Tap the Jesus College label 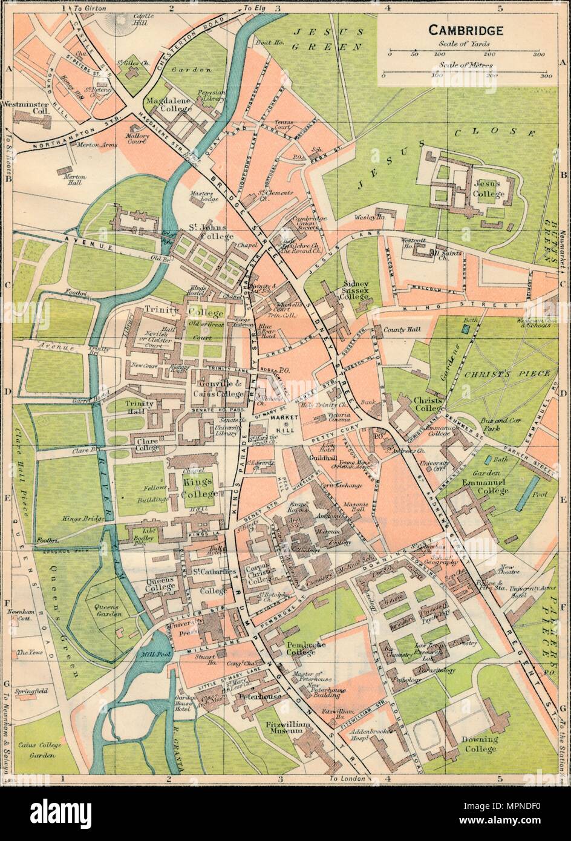pos(489,188)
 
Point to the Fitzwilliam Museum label pos(279,727)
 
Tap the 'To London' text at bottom pos(348,778)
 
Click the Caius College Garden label pos(37,750)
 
